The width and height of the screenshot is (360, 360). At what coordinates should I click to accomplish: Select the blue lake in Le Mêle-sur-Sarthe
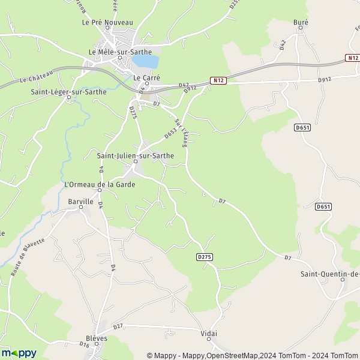[x=146, y=61]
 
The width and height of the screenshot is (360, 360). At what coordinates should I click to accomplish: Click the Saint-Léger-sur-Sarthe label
[x=68, y=92]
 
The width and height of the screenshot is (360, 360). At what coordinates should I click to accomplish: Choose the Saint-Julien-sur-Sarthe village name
[x=136, y=155]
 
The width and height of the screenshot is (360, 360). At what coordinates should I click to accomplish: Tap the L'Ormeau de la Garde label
[x=100, y=184]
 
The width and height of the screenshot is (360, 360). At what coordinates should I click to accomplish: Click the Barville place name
[x=81, y=202]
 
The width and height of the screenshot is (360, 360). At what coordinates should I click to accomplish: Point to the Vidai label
[x=209, y=333]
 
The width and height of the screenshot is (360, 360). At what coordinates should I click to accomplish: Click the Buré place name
[x=301, y=23]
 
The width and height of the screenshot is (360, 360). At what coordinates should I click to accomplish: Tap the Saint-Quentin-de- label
[x=330, y=274]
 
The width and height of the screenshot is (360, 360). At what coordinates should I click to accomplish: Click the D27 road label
[x=118, y=326]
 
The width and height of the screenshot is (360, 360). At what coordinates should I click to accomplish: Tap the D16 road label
[x=84, y=344]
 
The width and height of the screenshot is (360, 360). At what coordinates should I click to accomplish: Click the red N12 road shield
[x=218, y=80]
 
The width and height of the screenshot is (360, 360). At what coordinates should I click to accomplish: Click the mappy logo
[x=19, y=353]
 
